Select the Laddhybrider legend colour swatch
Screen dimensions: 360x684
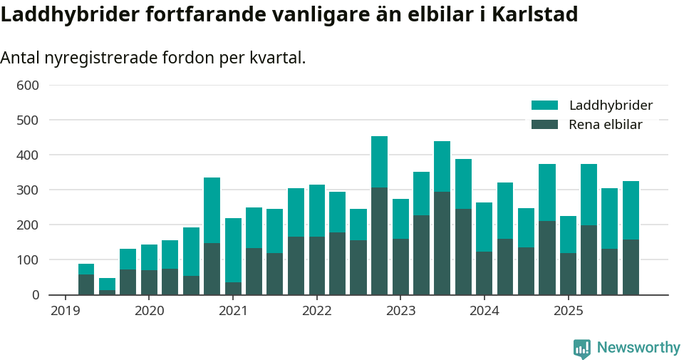pos(545,106)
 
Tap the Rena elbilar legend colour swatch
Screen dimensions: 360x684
pos(545,125)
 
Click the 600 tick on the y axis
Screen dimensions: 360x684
pos(27,86)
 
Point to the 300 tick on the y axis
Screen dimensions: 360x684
pos(27,190)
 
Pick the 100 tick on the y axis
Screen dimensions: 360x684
pos(27,260)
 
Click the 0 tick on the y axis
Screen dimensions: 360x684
pos(33,294)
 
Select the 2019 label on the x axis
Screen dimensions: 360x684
pos(65,311)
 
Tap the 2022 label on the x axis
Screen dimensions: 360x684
pos(316,311)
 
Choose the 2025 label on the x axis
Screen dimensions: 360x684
pos(568,311)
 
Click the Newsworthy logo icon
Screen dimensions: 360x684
pos(582,349)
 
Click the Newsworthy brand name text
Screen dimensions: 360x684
pos(638,348)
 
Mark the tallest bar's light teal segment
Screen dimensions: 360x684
pos(379,162)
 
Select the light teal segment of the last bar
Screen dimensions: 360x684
pos(631,210)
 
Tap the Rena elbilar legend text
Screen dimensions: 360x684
pos(606,125)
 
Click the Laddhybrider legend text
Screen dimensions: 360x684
pos(611,106)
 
